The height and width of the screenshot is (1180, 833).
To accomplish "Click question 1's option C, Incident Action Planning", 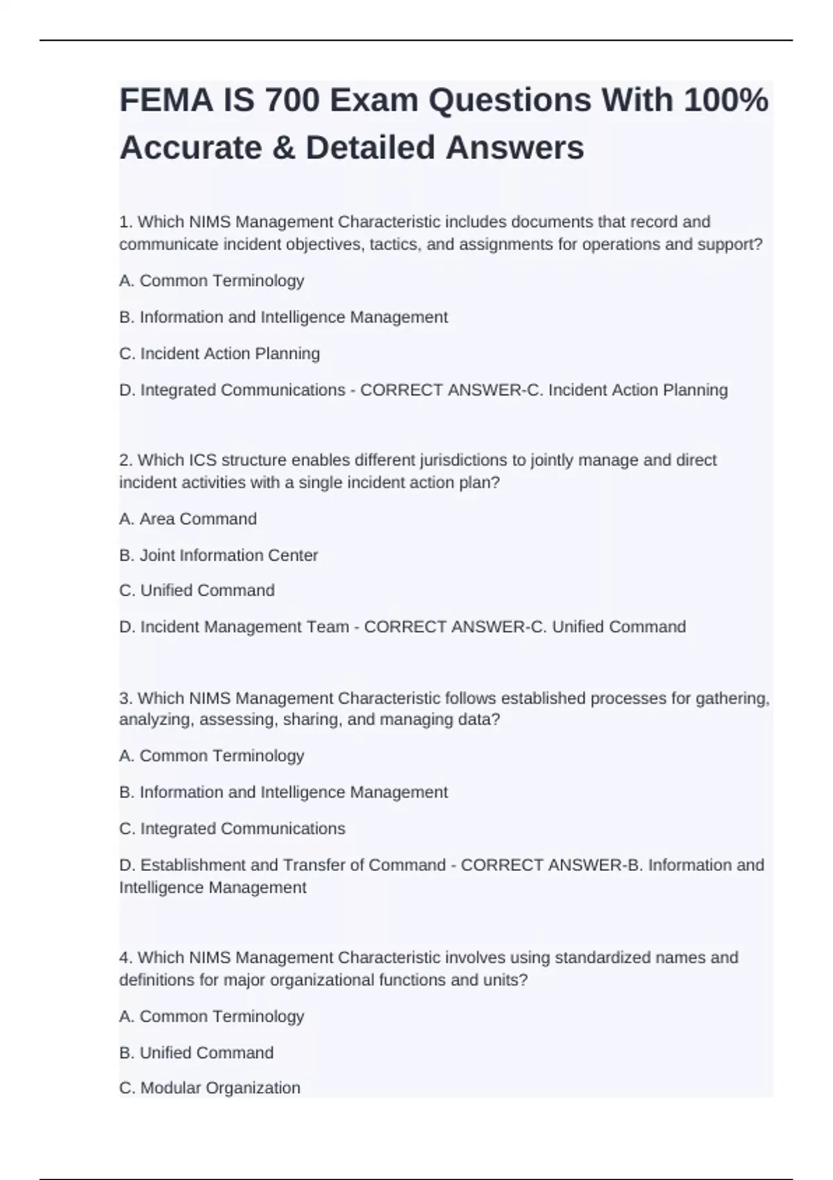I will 219,353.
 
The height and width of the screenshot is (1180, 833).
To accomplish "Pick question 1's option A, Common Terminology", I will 212,280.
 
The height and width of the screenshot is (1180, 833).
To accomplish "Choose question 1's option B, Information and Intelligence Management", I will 283,317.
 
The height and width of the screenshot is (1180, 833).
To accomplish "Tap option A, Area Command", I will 188,519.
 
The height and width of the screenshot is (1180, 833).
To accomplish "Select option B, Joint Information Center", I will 219,555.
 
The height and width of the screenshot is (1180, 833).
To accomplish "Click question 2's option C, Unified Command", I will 197,590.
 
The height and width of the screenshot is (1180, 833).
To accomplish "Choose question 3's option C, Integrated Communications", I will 232,829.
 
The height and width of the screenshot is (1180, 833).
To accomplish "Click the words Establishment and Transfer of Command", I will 292,865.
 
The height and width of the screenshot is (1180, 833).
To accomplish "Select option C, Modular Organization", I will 210,1088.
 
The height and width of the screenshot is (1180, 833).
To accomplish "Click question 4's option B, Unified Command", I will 196,1052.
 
